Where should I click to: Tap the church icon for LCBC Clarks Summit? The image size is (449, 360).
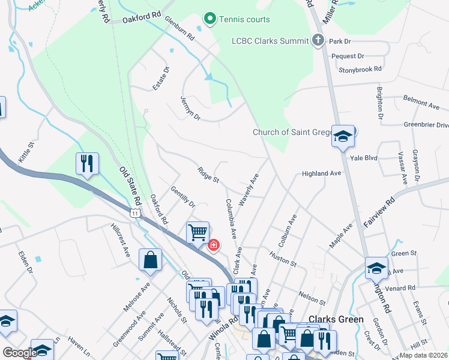[x=319, y=41]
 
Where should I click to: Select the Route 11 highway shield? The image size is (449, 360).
[x=135, y=212]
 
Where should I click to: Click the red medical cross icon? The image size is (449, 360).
[x=213, y=245]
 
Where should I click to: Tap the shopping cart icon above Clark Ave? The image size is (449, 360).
[x=197, y=232]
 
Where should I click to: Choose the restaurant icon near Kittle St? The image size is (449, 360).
[x=87, y=163]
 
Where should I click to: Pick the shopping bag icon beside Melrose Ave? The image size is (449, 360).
[x=150, y=260]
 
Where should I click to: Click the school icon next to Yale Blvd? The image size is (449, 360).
[x=343, y=136]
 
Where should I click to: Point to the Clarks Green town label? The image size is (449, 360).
[x=336, y=319]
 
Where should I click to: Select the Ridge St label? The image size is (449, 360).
[x=208, y=175]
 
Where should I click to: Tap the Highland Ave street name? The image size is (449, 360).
[x=321, y=173]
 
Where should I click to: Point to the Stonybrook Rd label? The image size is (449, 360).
[x=360, y=69]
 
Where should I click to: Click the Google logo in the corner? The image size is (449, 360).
[x=20, y=353]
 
